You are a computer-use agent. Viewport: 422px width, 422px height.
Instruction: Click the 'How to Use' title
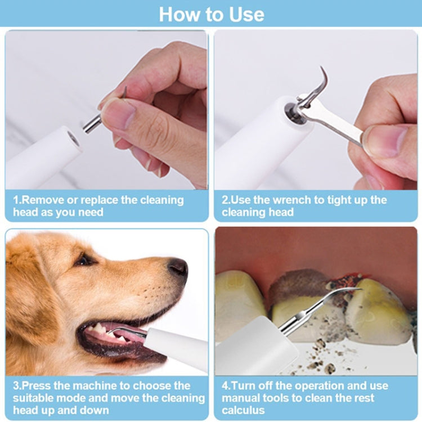pyautogui.click(x=211, y=14)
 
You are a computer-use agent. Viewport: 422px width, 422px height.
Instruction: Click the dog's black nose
pyautogui.click(x=178, y=267)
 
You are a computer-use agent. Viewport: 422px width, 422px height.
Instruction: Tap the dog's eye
pyautogui.click(x=85, y=259)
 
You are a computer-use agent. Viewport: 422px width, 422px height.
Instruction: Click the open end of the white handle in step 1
pyautogui.click(x=73, y=137)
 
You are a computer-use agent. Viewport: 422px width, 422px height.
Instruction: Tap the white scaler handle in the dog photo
pyautogui.click(x=174, y=349)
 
